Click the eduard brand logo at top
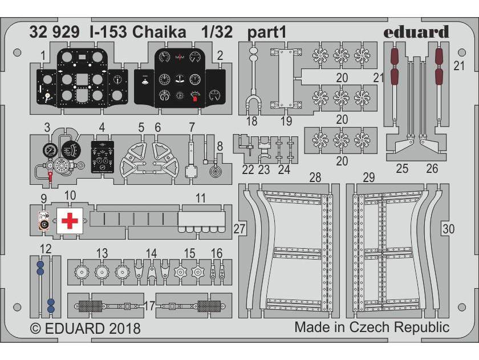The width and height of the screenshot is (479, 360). click(x=416, y=32)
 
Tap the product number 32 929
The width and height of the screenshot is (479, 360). click(x=56, y=33)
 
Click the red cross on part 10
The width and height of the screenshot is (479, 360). click(x=69, y=220)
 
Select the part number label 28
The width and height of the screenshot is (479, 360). click(x=315, y=177)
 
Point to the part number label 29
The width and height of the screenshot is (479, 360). click(x=369, y=177)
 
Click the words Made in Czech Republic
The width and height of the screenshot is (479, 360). click(x=372, y=327)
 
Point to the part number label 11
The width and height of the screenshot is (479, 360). click(x=200, y=199)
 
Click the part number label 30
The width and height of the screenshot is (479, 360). click(x=449, y=229)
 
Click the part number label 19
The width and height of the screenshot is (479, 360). click(x=286, y=121)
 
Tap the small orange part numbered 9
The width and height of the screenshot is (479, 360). click(x=43, y=221)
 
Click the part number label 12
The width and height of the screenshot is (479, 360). click(x=46, y=249)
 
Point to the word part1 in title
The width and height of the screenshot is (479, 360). click(x=266, y=33)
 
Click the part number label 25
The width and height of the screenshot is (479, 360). click(x=402, y=168)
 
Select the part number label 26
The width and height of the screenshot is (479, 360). click(x=432, y=168)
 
